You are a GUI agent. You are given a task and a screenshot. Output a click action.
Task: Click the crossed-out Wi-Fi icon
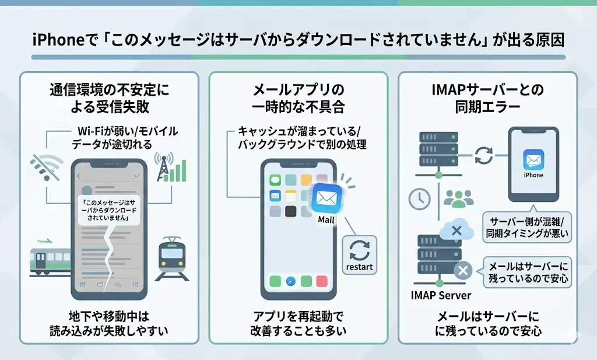pyautogui.click(x=47, y=167)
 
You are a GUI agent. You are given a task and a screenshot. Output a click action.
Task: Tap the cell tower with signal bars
pyautogui.click(x=170, y=167)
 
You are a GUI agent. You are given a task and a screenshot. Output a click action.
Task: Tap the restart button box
pyautogui.click(x=359, y=255)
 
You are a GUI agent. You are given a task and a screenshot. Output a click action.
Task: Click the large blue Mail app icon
pyautogui.click(x=326, y=198)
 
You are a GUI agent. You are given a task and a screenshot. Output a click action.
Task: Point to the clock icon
pyautogui.click(x=420, y=199)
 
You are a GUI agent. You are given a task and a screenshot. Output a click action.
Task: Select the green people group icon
pyautogui.click(x=459, y=199)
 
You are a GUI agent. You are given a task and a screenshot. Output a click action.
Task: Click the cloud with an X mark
pyautogui.click(x=456, y=230)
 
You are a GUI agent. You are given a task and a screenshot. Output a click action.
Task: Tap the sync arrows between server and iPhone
pyautogui.click(x=483, y=155)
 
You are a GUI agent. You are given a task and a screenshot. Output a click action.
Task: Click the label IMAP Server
pyautogui.click(x=441, y=295)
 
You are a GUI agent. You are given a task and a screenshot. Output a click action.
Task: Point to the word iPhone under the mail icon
pyautogui.click(x=533, y=175)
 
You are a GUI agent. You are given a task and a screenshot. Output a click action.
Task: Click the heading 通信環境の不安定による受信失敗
pyautogui.click(x=110, y=98)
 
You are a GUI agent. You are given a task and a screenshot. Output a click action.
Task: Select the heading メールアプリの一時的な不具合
pyautogui.click(x=298, y=98)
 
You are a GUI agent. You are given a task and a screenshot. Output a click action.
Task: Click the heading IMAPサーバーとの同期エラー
pyautogui.click(x=488, y=98)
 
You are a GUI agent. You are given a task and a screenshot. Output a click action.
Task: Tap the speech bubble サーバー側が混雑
pyautogui.click(x=527, y=226)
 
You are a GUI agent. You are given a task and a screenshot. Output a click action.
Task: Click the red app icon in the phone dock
pyautogui.click(x=322, y=281)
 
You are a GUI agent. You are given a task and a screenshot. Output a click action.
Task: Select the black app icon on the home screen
pyautogui.click(x=290, y=211)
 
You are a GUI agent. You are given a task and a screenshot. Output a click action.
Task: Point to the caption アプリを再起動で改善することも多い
pyautogui.click(x=298, y=323)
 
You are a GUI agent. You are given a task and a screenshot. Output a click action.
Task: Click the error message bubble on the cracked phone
pyautogui.click(x=109, y=211)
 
